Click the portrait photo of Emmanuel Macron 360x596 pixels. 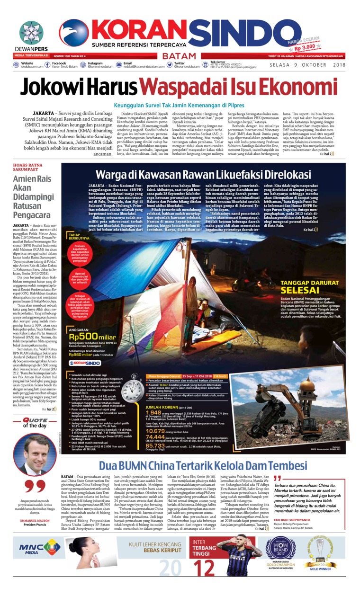click(x=34, y=455)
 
